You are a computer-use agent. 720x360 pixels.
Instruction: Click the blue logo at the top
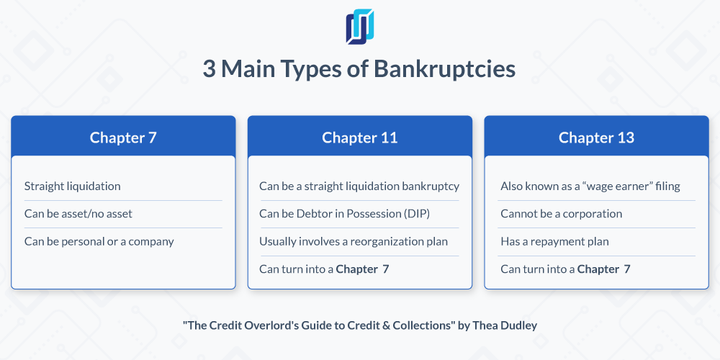point(360,27)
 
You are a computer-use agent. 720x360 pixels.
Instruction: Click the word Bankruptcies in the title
point(444,69)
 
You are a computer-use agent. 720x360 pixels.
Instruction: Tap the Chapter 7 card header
point(123,138)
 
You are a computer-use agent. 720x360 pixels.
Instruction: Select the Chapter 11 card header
point(360,138)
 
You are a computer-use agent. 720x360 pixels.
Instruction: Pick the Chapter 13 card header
point(596,138)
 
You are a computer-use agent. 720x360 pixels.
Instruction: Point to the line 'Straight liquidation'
point(73,186)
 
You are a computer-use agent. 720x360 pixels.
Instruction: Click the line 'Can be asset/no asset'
point(78,214)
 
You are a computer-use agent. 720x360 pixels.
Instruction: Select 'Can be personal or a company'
point(99,241)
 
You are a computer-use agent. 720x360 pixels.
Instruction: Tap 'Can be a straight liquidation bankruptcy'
point(359,186)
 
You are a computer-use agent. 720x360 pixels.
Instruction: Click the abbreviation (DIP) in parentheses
point(418,214)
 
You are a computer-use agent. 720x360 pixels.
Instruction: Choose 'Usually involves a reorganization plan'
point(353,241)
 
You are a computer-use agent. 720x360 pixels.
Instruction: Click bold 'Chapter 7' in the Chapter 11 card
point(362,269)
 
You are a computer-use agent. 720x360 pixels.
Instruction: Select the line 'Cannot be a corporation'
point(561,214)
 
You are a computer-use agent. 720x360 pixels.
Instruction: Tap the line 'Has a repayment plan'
point(554,241)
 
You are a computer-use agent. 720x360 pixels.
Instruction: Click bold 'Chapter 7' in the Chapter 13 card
point(603,269)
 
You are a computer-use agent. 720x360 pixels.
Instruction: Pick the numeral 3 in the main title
point(209,69)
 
